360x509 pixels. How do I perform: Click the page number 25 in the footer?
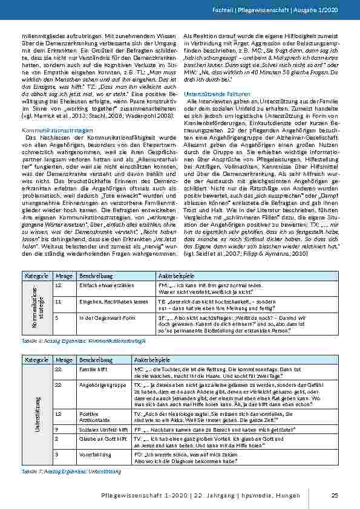click(335, 496)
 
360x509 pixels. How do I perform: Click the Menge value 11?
click(57, 300)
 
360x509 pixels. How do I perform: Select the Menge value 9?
click(56, 429)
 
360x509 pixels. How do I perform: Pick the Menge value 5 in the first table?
click(56, 316)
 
